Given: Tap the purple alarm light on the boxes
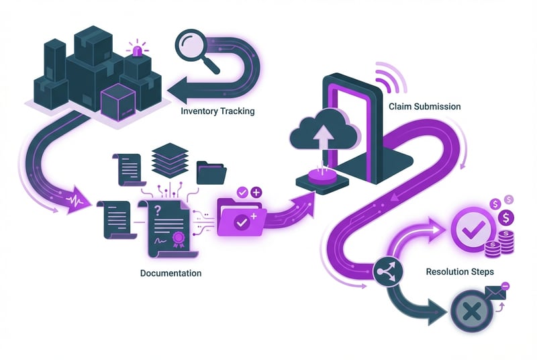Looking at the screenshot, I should [139, 50].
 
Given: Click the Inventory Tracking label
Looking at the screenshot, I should [217, 111].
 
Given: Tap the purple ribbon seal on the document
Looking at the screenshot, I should [178, 240].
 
